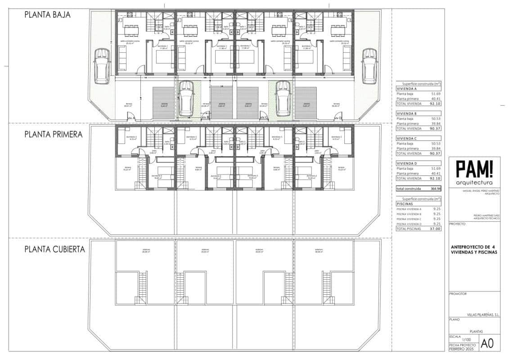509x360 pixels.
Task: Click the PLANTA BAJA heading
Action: point(47,15)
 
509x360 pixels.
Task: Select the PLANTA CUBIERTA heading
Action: point(54,249)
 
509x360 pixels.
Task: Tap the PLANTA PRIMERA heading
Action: point(53,134)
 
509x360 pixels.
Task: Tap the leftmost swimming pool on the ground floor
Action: point(163,103)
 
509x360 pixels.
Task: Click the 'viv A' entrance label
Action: point(131,118)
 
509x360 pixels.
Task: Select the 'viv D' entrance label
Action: point(338,118)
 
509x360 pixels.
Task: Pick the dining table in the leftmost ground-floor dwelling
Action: point(131,30)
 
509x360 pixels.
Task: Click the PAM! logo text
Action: point(474,170)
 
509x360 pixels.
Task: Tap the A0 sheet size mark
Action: point(487,343)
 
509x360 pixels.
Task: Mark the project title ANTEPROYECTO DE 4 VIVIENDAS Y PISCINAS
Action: point(474,250)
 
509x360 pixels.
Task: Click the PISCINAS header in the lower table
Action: point(405,203)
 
